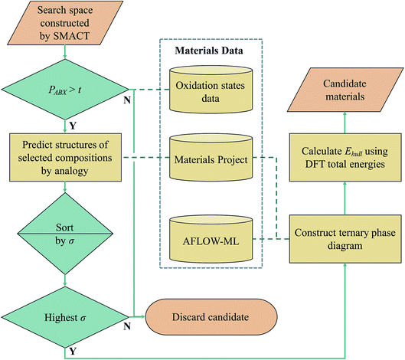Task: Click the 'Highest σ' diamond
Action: (62, 314)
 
